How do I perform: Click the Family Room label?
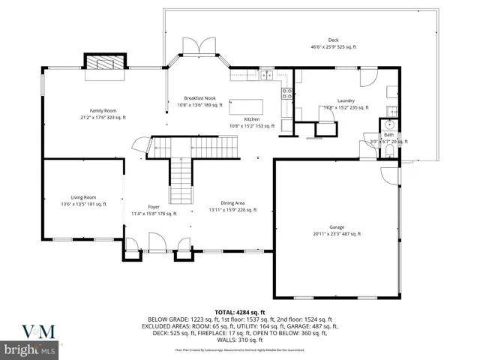103,110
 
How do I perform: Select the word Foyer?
154,206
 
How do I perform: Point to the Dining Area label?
232,203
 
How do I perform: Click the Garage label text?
337,226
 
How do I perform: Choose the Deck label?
333,40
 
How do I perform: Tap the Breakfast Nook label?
200,98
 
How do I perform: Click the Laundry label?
346,100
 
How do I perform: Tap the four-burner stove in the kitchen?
286,93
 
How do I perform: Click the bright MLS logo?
29,350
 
